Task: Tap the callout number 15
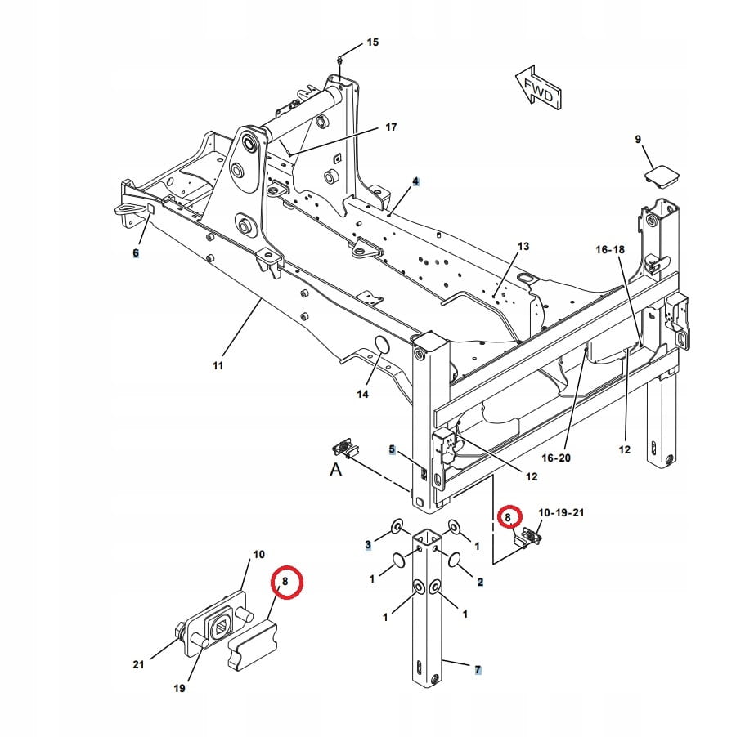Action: (x=372, y=42)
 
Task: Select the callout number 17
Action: (x=390, y=127)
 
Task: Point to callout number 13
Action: (x=523, y=246)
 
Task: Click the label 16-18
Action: (x=609, y=248)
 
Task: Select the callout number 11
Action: (x=218, y=365)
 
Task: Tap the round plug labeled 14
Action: (x=380, y=346)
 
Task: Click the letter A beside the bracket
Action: (x=334, y=469)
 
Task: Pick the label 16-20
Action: (x=556, y=458)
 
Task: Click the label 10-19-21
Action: (x=560, y=512)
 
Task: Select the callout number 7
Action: (x=478, y=670)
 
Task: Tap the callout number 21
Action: (x=138, y=664)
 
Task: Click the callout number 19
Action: (x=179, y=688)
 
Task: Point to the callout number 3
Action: (x=368, y=544)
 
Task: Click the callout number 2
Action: (x=480, y=582)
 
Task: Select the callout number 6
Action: (x=136, y=253)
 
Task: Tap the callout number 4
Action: (x=415, y=181)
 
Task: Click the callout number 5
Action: (x=392, y=449)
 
